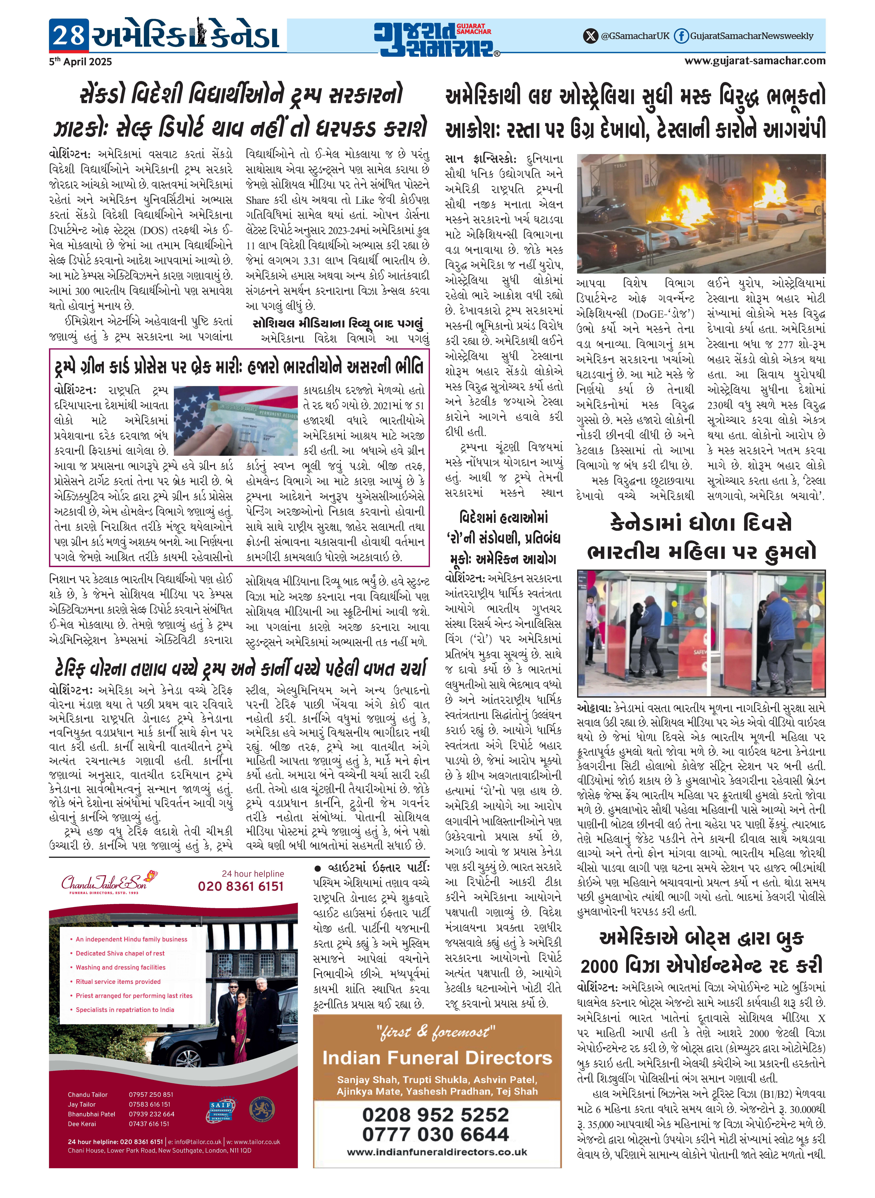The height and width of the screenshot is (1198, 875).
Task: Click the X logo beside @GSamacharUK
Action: [590, 36]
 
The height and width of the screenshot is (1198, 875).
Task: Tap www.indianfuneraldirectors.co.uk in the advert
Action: [437, 1152]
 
